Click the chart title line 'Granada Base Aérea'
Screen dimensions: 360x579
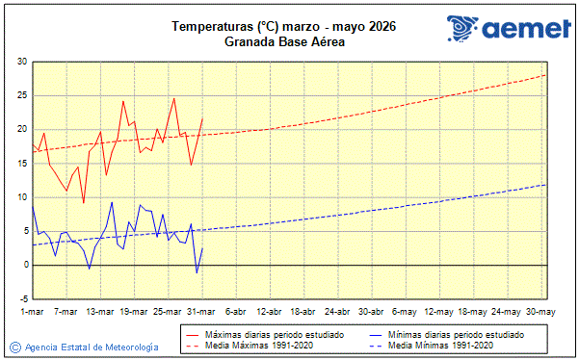tap(284, 41)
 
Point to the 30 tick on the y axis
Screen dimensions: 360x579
tap(21, 62)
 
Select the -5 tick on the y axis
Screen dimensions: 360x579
tap(21, 298)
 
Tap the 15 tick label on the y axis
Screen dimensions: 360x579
tap(21, 163)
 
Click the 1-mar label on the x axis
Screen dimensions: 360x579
tap(32, 312)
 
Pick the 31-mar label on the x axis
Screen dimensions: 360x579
tap(201, 312)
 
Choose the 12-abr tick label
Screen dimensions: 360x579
tap(269, 312)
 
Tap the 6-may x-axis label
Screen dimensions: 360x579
tap(405, 312)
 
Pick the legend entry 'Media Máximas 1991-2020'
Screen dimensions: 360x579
tap(246, 345)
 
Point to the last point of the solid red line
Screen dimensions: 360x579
tap(202, 118)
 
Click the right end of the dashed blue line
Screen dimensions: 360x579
tap(545, 185)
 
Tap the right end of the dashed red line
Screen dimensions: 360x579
tap(545, 75)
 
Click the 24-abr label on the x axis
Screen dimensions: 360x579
tap(337, 312)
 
